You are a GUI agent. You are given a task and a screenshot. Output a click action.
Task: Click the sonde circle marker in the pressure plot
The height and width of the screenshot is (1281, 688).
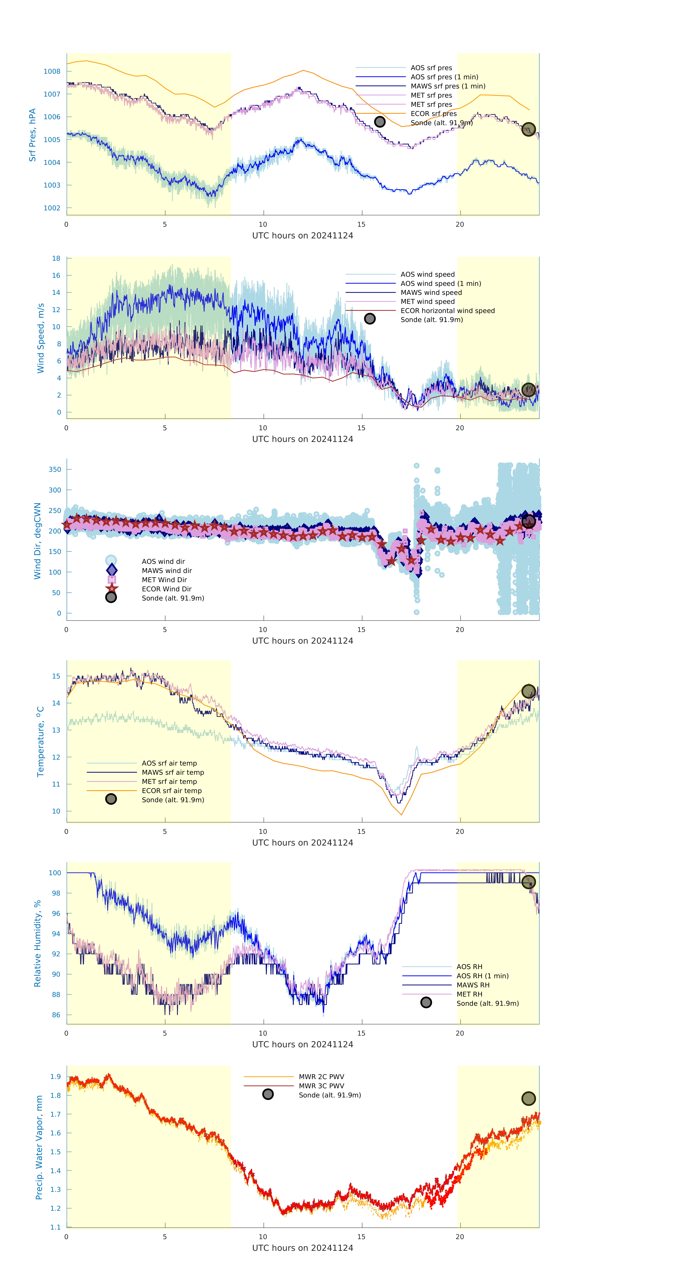pyautogui.click(x=528, y=129)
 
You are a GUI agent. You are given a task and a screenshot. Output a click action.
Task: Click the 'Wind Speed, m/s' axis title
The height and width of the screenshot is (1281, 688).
pyautogui.click(x=41, y=338)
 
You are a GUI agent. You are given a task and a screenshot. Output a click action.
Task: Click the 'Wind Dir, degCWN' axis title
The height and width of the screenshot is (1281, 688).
pyautogui.click(x=37, y=541)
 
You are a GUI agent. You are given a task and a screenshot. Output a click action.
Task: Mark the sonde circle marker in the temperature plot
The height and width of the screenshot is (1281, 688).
pyautogui.click(x=528, y=691)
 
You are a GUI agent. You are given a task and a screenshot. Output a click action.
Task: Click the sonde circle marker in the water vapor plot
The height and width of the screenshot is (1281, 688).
pyautogui.click(x=528, y=1099)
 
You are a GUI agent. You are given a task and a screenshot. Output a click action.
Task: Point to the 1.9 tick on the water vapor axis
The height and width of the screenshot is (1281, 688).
pyautogui.click(x=55, y=1077)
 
